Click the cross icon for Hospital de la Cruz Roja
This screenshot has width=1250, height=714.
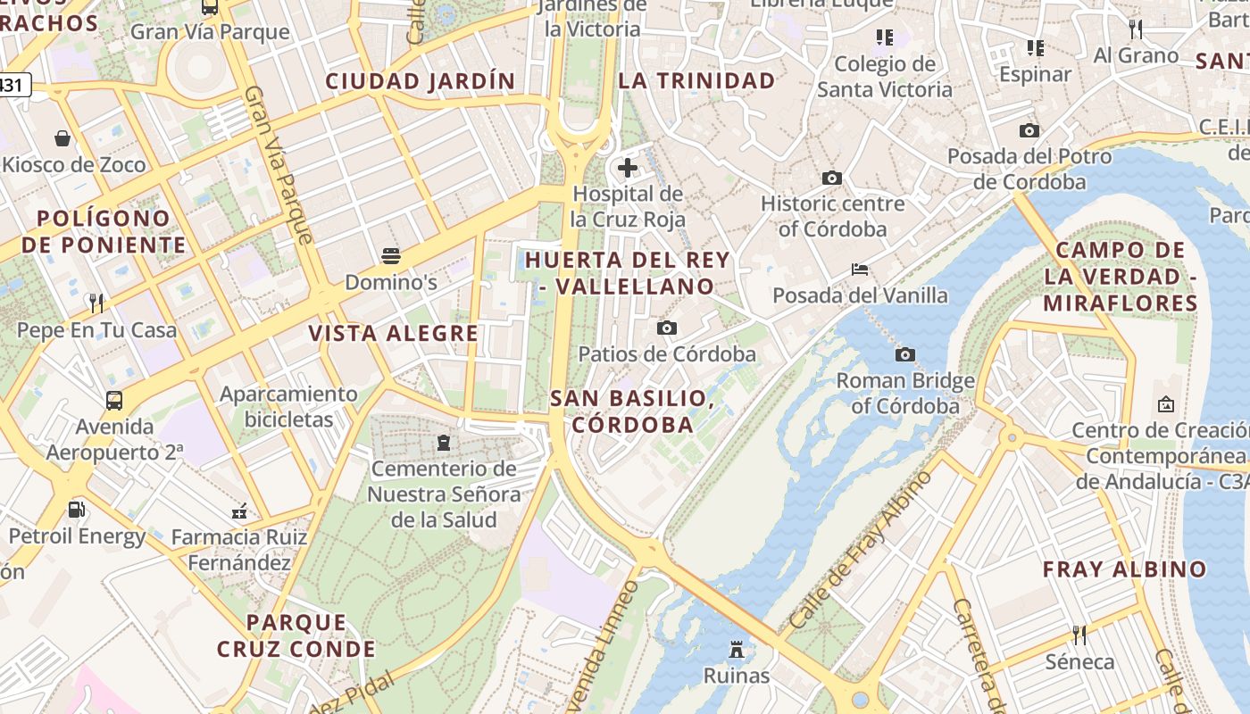(628, 167)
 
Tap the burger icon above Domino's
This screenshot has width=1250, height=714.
(390, 256)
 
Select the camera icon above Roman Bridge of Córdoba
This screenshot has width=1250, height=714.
(904, 355)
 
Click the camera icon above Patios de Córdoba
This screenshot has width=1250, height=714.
(666, 328)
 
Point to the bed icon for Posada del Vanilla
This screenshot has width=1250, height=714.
(860, 269)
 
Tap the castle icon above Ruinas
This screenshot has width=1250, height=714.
(737, 649)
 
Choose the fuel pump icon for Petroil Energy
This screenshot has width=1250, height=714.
(77, 510)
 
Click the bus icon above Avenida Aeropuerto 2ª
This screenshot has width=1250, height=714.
(114, 400)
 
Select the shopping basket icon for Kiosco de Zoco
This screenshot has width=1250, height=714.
(62, 138)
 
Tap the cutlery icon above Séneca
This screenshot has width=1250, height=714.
(1079, 635)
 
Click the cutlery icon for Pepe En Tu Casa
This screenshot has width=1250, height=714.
(96, 303)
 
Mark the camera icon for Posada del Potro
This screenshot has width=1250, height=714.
(1029, 131)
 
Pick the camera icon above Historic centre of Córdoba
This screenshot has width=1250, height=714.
(832, 178)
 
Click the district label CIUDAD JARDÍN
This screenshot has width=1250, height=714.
(421, 81)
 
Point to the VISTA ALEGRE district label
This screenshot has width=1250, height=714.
(394, 334)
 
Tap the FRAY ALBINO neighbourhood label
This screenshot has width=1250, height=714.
(1124, 569)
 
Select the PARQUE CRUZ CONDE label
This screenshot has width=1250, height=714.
(296, 635)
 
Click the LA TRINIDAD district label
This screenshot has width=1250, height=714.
(697, 81)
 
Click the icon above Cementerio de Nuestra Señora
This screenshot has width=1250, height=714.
(443, 442)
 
